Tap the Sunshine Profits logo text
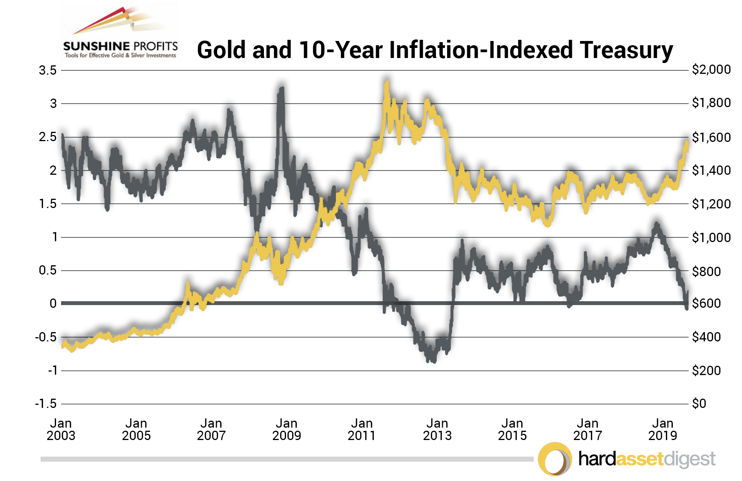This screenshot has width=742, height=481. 121,47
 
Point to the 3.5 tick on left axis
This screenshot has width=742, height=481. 48,71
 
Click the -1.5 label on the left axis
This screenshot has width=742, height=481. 46,404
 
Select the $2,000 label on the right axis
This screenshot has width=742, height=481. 711,70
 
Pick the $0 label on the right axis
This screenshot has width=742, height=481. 699,404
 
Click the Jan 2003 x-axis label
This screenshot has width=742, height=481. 61,429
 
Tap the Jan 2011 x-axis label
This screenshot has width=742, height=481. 361,429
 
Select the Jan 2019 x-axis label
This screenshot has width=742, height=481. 662,429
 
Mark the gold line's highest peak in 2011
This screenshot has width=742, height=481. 387,82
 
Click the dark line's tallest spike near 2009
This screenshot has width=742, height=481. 281,89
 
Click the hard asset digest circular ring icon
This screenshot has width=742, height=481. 555,459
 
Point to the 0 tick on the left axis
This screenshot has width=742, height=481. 53,304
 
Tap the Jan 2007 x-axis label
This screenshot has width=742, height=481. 211,429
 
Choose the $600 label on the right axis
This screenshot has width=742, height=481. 706,304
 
